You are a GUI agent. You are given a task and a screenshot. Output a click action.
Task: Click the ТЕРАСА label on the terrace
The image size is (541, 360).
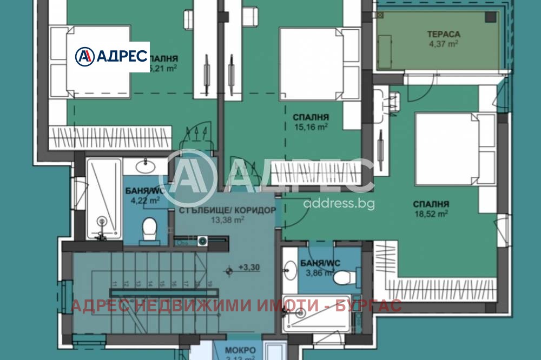tap(443, 34)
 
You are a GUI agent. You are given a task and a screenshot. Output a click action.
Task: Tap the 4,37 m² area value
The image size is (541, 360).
tap(443, 44)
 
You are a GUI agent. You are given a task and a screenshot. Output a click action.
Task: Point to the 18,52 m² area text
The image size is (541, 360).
tap(431, 214)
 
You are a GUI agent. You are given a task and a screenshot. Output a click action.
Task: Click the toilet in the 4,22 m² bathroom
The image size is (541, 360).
tap(149, 228)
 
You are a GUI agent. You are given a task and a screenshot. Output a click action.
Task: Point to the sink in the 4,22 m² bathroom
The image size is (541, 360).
tap(145, 165)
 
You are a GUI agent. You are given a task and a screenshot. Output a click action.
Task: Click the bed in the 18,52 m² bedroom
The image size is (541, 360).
tap(454, 149)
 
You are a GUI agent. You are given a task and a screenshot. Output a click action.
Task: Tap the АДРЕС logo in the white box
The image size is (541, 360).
tap(111, 56)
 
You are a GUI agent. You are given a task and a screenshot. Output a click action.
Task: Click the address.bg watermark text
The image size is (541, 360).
tap(339, 203)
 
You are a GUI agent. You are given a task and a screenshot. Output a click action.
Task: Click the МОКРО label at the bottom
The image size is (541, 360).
tap(238, 349)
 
